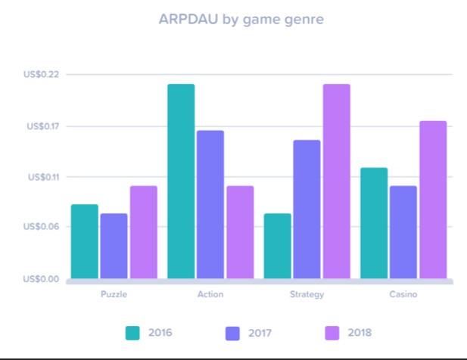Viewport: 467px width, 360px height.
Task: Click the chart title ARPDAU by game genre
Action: point(241,20)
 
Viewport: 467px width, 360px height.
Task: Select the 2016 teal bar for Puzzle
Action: point(84,241)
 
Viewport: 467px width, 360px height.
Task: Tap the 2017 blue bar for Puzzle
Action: point(114,246)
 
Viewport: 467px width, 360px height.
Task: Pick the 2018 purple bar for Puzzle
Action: point(143,232)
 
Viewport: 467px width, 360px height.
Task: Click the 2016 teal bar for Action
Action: point(181,182)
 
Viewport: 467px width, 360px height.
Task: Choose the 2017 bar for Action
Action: point(210,204)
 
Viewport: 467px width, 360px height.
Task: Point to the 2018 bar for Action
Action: point(240,232)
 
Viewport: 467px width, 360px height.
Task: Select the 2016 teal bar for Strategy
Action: point(278,246)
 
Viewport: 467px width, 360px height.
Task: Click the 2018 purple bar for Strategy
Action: point(337,182)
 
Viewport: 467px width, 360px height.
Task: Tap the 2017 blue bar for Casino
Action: point(403,232)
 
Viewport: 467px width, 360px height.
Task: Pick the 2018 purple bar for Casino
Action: point(433,200)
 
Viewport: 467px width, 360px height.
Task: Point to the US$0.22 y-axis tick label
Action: point(42,74)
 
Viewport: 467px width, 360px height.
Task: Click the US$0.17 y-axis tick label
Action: point(42,126)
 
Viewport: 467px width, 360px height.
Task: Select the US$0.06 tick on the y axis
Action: point(42,226)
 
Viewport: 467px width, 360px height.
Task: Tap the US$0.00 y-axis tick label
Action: point(42,279)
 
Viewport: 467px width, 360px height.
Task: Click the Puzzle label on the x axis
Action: point(114,294)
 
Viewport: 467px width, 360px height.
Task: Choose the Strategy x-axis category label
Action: point(307,294)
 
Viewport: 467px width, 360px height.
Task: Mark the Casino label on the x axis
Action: point(403,294)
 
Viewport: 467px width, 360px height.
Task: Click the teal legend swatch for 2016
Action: point(132,333)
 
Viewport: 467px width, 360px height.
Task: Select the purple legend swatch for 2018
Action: point(332,333)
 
